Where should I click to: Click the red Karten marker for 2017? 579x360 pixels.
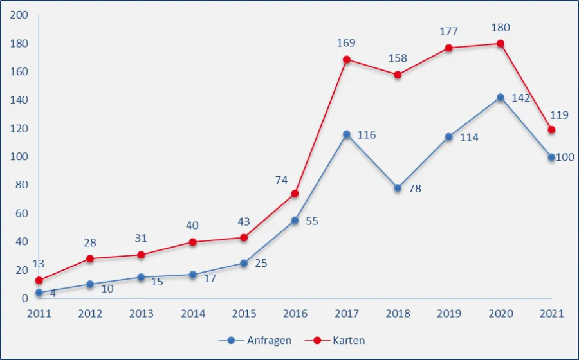pyautogui.click(x=347, y=60)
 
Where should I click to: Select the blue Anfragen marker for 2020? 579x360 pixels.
pyautogui.click(x=501, y=98)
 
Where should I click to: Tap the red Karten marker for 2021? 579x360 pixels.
pyautogui.click(x=551, y=130)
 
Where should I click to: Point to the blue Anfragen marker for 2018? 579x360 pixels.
pyautogui.click(x=398, y=188)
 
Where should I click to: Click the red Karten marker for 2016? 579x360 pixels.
pyautogui.click(x=295, y=194)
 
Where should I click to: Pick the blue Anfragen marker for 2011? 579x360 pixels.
pyautogui.click(x=39, y=292)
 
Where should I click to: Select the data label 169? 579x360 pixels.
pyautogui.click(x=346, y=43)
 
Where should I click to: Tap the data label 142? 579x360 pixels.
pyautogui.click(x=520, y=98)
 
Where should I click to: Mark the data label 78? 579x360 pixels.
pyautogui.click(x=415, y=189)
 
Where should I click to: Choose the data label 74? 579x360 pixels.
pyautogui.click(x=281, y=181)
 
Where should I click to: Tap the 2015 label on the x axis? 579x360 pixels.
pyautogui.click(x=244, y=314)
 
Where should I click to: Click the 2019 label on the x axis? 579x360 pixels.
pyautogui.click(x=449, y=314)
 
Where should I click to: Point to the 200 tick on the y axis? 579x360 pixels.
pyautogui.click(x=20, y=15)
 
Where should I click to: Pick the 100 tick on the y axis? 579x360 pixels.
pyautogui.click(x=20, y=157)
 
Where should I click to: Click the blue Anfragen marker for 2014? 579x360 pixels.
pyautogui.click(x=192, y=274)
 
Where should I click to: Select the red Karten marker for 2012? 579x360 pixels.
pyautogui.click(x=90, y=258)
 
